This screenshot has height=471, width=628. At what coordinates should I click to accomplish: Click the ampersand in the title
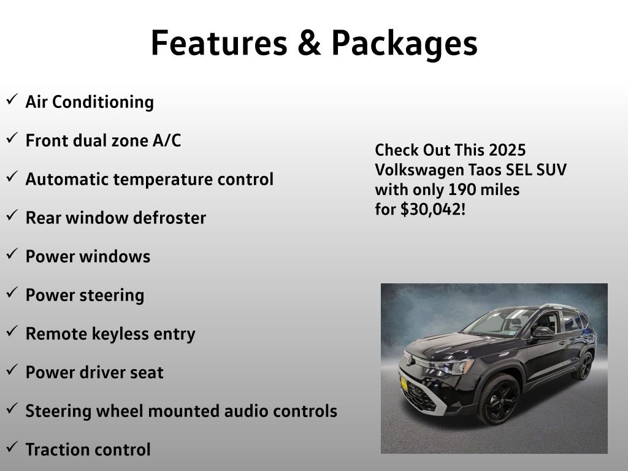pos(309,42)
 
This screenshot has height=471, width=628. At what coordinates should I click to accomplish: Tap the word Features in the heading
pos(219,42)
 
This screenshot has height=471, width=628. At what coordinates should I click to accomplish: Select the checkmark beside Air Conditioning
pos(12,99)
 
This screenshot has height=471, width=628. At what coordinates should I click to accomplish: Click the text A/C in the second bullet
pos(167,140)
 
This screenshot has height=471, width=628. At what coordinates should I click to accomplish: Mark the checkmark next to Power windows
pos(12,253)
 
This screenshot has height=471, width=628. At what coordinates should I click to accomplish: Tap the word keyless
pos(120,334)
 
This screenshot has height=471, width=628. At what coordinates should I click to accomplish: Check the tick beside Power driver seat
pos(12,369)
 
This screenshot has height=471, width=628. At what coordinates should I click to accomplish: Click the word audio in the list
pos(244,411)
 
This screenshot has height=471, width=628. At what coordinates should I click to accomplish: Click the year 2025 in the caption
pos(507,150)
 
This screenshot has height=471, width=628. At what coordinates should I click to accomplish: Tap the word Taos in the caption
pos(484,170)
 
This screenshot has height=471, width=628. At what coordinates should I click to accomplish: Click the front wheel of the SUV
pos(499,399)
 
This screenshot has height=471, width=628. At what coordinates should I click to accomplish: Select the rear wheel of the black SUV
pos(584,366)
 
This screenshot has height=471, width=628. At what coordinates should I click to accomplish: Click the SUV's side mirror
pos(543,333)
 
